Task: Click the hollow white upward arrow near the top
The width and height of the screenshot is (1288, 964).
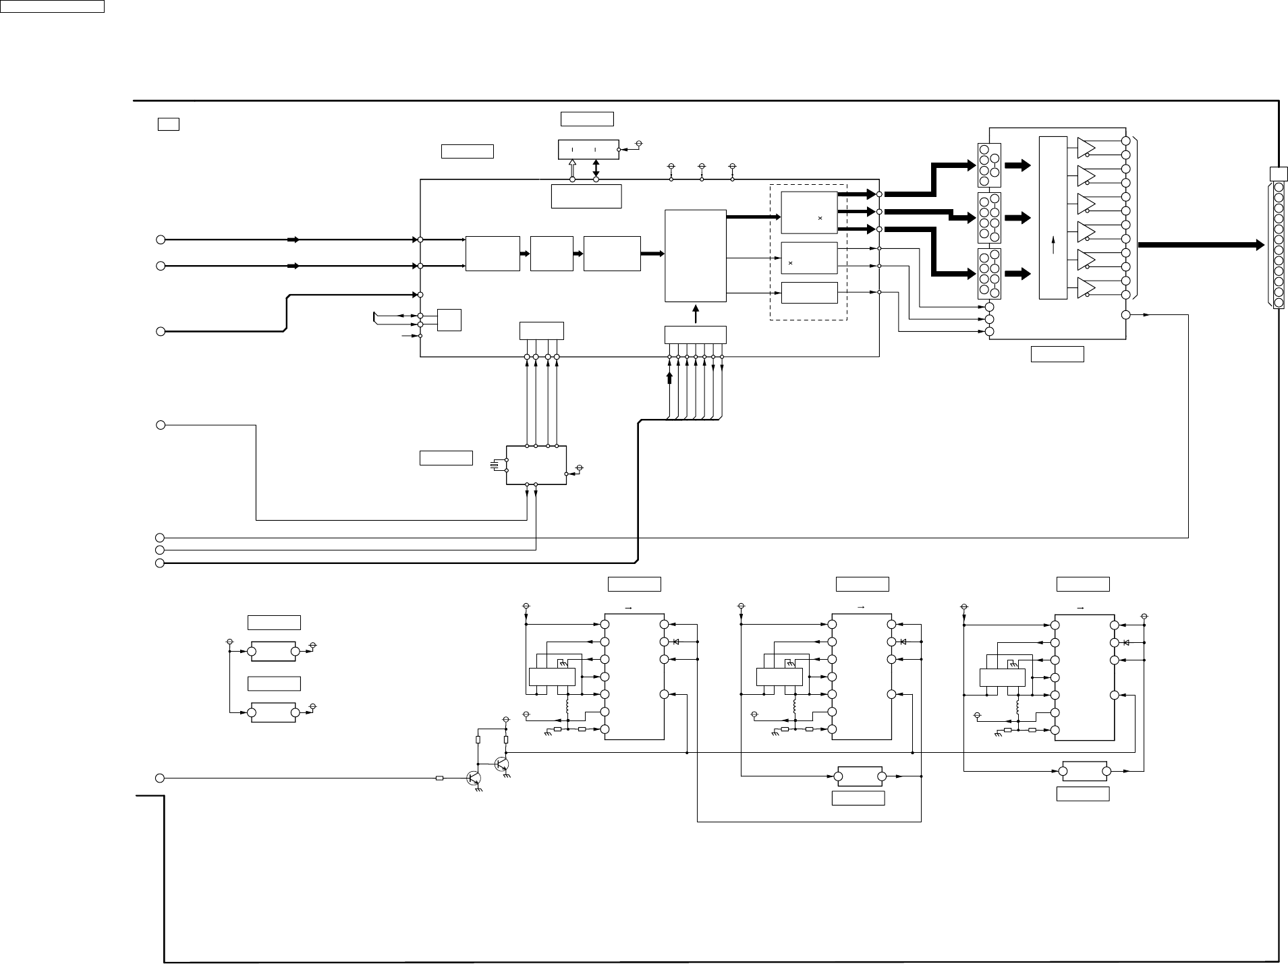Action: coord(572,169)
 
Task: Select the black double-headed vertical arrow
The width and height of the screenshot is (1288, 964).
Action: coord(596,169)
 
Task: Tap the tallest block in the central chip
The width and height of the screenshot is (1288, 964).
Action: coord(695,256)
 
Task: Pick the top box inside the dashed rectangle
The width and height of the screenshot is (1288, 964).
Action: coord(809,212)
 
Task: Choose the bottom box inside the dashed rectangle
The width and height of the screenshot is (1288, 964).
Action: coord(809,293)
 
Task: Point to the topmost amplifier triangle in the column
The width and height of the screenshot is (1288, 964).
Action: coord(1088,148)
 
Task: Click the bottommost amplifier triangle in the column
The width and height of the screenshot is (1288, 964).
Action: coord(1088,287)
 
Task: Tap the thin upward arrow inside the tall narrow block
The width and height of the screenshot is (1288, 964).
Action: coord(1053,247)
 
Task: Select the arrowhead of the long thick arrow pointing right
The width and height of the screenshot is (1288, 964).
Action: coord(1258,246)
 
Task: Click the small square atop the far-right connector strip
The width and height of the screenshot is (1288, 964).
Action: coord(1278,174)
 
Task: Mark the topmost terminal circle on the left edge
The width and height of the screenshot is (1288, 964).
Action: coord(161,239)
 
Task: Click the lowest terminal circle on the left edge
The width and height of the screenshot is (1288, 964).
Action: coord(160,778)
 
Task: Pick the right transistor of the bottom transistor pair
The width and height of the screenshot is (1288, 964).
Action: coord(502,764)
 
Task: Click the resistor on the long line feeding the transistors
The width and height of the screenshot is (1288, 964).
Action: coord(439,778)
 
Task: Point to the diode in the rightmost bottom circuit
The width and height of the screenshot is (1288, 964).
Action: coord(1125,642)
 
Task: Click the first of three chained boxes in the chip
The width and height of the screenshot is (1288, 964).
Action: coord(493,254)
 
